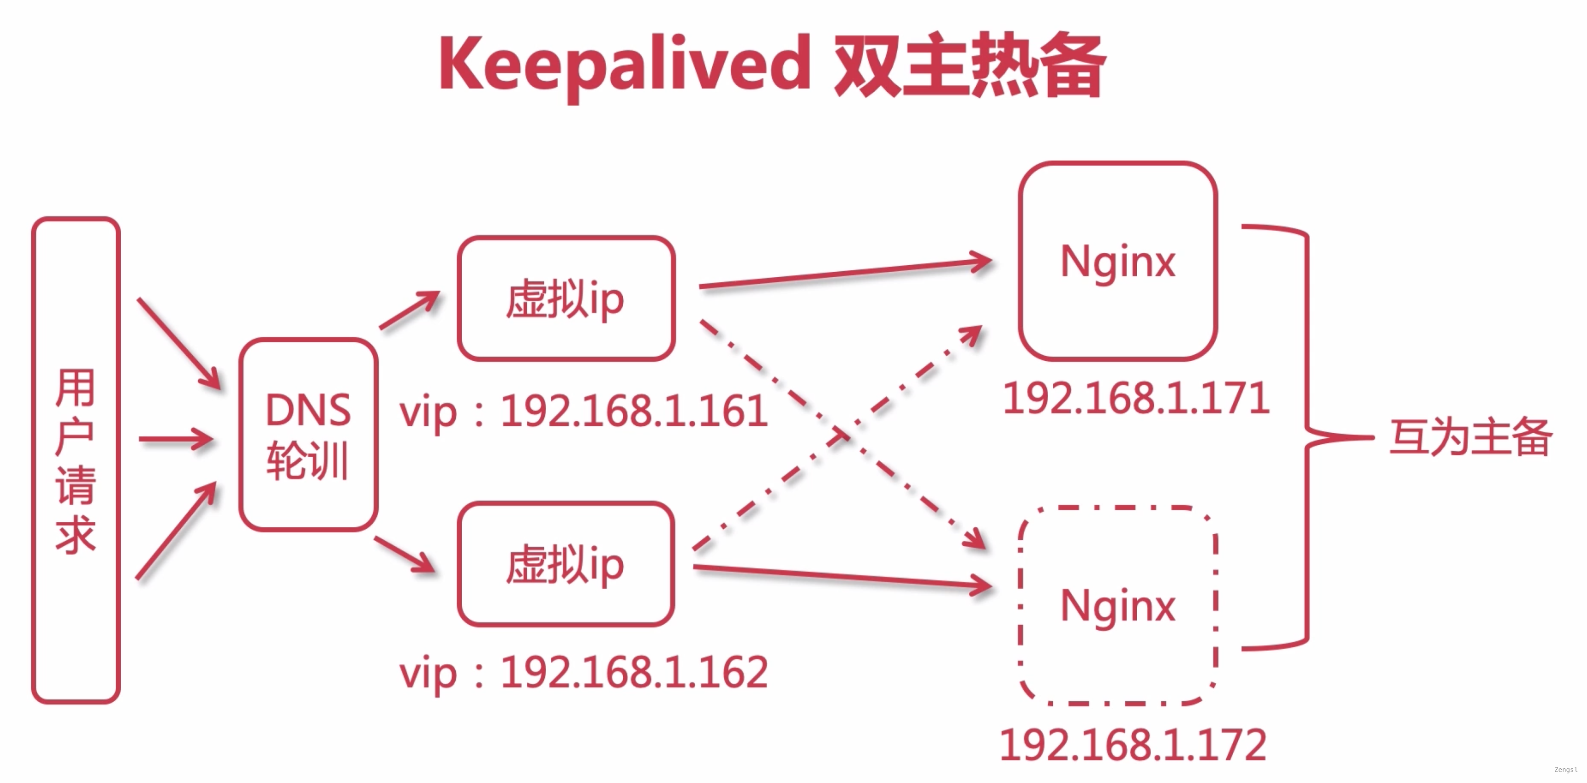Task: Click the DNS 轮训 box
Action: click(x=308, y=434)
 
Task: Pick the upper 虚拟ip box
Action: click(x=565, y=299)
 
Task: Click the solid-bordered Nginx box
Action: click(x=1118, y=261)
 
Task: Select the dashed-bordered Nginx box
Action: click(x=1118, y=605)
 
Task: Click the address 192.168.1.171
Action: click(x=1136, y=398)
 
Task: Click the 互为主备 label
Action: click(x=1470, y=437)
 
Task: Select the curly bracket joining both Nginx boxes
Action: click(x=1306, y=437)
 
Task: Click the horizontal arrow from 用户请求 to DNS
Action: click(x=176, y=439)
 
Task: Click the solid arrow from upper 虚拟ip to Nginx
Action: click(x=844, y=274)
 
